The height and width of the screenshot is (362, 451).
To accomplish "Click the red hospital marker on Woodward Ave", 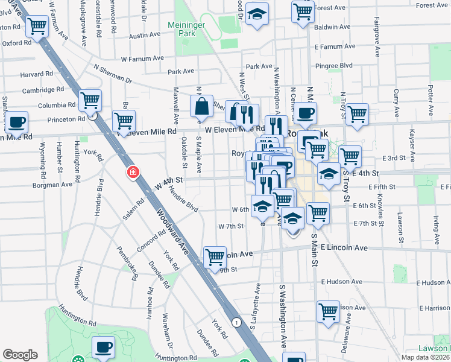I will [x=133, y=173].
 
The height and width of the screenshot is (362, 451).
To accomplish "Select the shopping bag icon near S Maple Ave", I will [x=202, y=106].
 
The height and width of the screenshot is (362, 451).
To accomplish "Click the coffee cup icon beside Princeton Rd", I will [x=16, y=122].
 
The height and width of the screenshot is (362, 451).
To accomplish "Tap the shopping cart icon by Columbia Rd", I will [x=90, y=100].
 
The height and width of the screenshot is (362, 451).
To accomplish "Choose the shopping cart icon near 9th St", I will [x=215, y=257].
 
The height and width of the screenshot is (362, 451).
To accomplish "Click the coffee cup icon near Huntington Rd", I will [x=103, y=347].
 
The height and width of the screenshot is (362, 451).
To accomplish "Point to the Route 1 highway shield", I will [x=239, y=323].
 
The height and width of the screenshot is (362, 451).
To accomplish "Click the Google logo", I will [x=20, y=355].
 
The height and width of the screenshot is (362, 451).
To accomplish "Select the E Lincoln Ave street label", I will [x=344, y=248].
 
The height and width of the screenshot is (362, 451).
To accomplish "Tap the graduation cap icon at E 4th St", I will [x=329, y=174].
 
